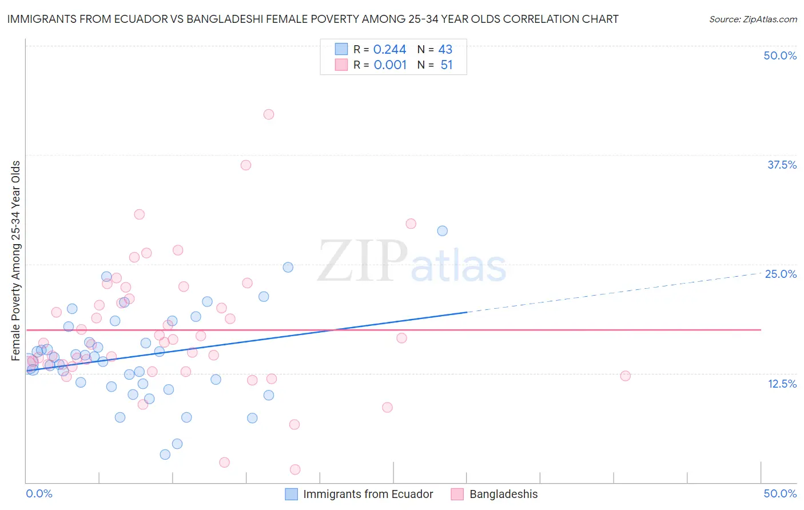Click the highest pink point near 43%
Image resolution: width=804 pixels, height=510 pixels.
coord(269,114)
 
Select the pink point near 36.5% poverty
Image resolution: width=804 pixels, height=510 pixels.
coord(246,165)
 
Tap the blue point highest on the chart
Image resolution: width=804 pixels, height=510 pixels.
coord(442,231)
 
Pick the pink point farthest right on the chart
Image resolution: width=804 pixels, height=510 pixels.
coord(625,376)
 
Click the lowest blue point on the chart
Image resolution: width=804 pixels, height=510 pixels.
coord(165,455)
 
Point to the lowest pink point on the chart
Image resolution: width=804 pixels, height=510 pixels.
coord(295,469)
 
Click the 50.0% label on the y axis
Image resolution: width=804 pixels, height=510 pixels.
coord(780,55)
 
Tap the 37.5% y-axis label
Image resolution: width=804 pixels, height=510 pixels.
coord(782,165)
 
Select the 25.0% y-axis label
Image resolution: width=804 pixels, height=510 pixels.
coord(781,274)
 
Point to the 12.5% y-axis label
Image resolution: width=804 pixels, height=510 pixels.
coord(782,384)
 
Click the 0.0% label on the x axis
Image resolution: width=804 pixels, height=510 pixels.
coord(39,493)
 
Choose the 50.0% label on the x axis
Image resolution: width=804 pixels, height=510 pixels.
coord(780,493)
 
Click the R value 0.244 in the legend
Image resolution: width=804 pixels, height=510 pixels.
coord(389,50)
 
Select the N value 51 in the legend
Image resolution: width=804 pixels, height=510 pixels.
coord(446,65)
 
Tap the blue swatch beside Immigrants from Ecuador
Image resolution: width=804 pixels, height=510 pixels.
coord(291,494)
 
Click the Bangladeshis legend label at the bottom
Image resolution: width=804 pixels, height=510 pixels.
coord(503,494)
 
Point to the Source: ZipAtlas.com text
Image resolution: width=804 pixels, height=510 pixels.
coord(753,19)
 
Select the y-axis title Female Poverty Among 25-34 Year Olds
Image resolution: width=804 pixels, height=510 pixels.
coord(16,261)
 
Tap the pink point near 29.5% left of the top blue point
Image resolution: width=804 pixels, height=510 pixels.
coord(411,224)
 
